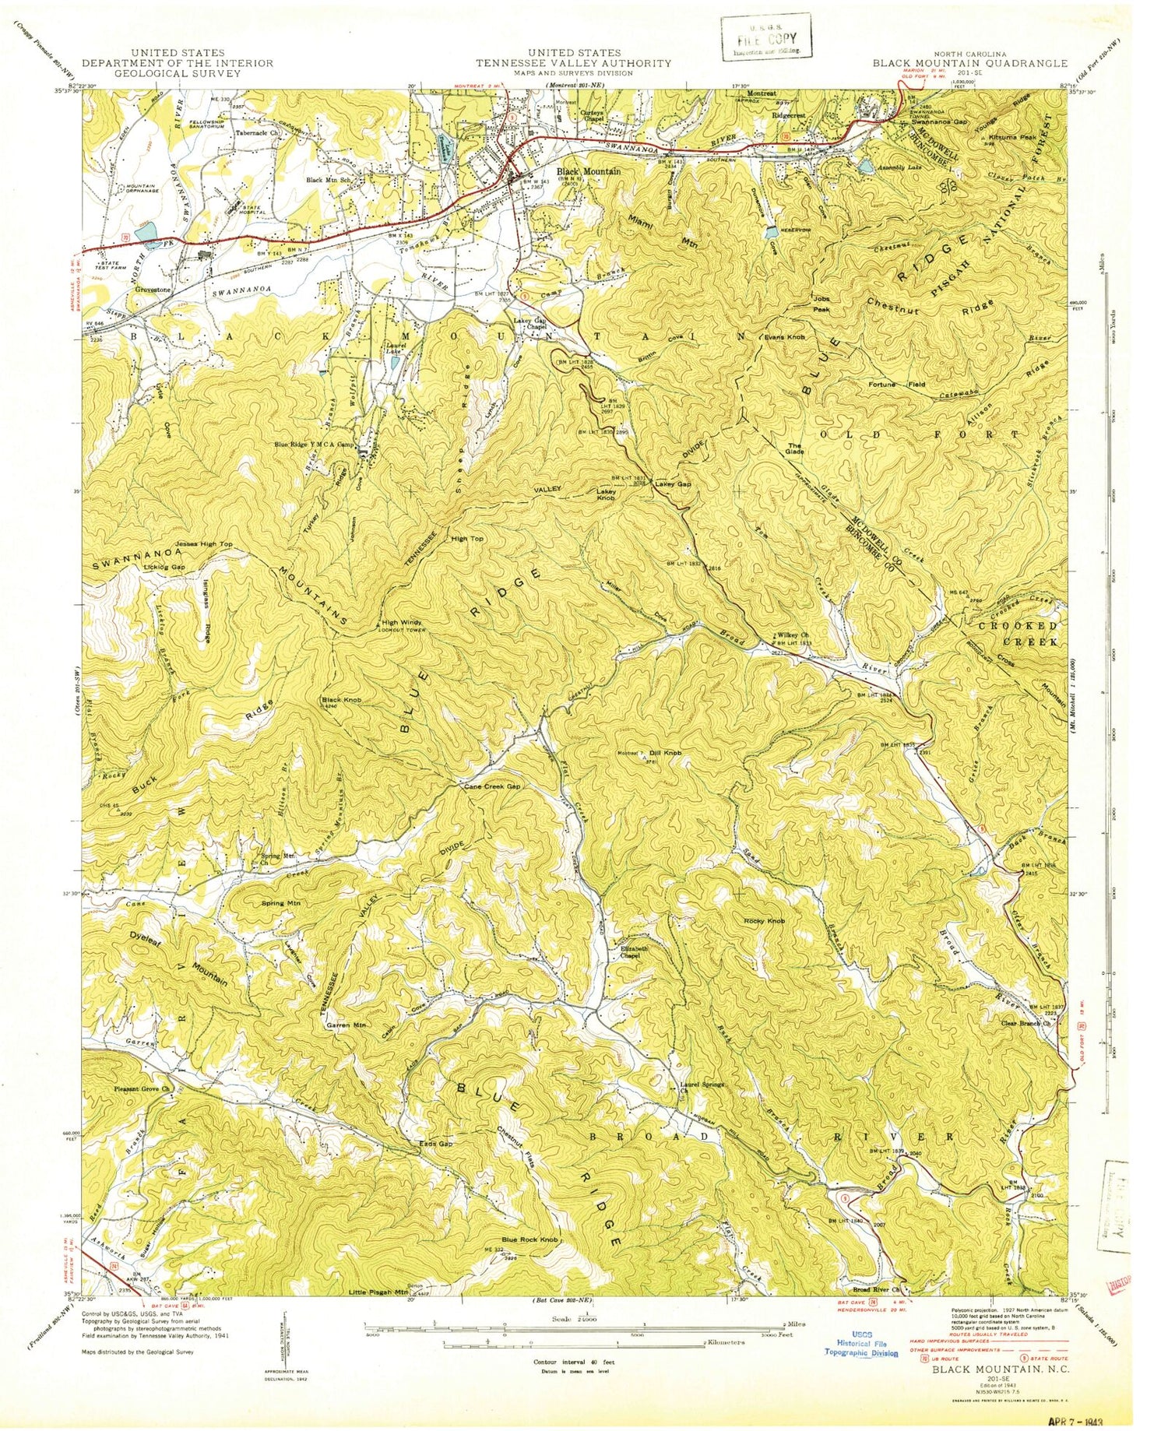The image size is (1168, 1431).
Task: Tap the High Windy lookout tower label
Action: tap(402, 624)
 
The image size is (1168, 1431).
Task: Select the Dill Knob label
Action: tap(666, 753)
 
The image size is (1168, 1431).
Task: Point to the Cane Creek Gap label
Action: tap(491, 787)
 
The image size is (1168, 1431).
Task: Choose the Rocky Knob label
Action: tap(764, 921)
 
